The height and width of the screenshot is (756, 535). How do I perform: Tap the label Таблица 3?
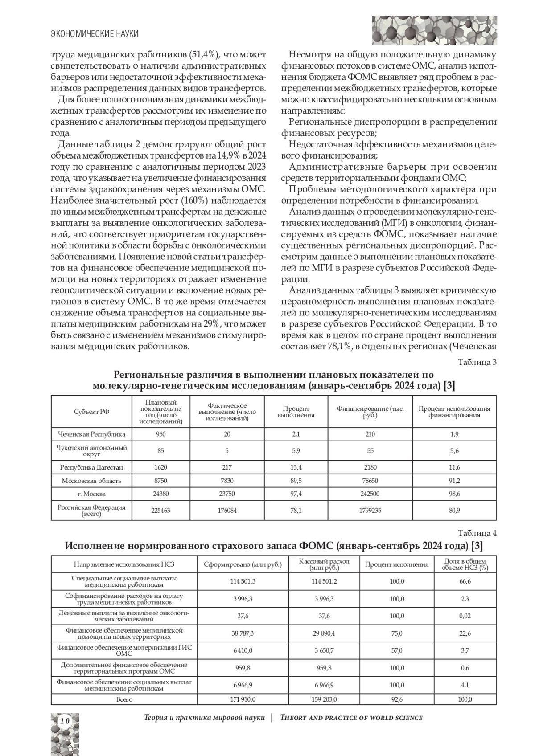[477, 362]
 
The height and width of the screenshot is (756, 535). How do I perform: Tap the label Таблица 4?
[477, 533]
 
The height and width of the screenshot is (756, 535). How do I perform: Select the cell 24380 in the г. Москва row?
[160, 494]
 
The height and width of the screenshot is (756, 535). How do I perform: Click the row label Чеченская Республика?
[92, 434]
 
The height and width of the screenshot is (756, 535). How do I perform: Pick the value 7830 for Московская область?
[226, 481]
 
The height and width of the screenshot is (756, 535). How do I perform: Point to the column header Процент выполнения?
[296, 412]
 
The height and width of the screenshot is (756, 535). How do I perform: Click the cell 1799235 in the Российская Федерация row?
[370, 511]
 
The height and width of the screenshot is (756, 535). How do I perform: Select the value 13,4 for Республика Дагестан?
[296, 467]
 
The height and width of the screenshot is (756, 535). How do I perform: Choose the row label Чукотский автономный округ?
[92, 450]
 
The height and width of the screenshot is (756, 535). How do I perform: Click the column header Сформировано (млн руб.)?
[243, 564]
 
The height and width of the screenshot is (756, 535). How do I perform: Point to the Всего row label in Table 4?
[124, 699]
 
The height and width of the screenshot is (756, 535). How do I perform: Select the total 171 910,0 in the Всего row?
[243, 699]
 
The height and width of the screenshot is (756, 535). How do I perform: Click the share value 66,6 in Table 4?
[465, 581]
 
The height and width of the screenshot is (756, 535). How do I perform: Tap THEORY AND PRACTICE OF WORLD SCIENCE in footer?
[351, 718]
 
